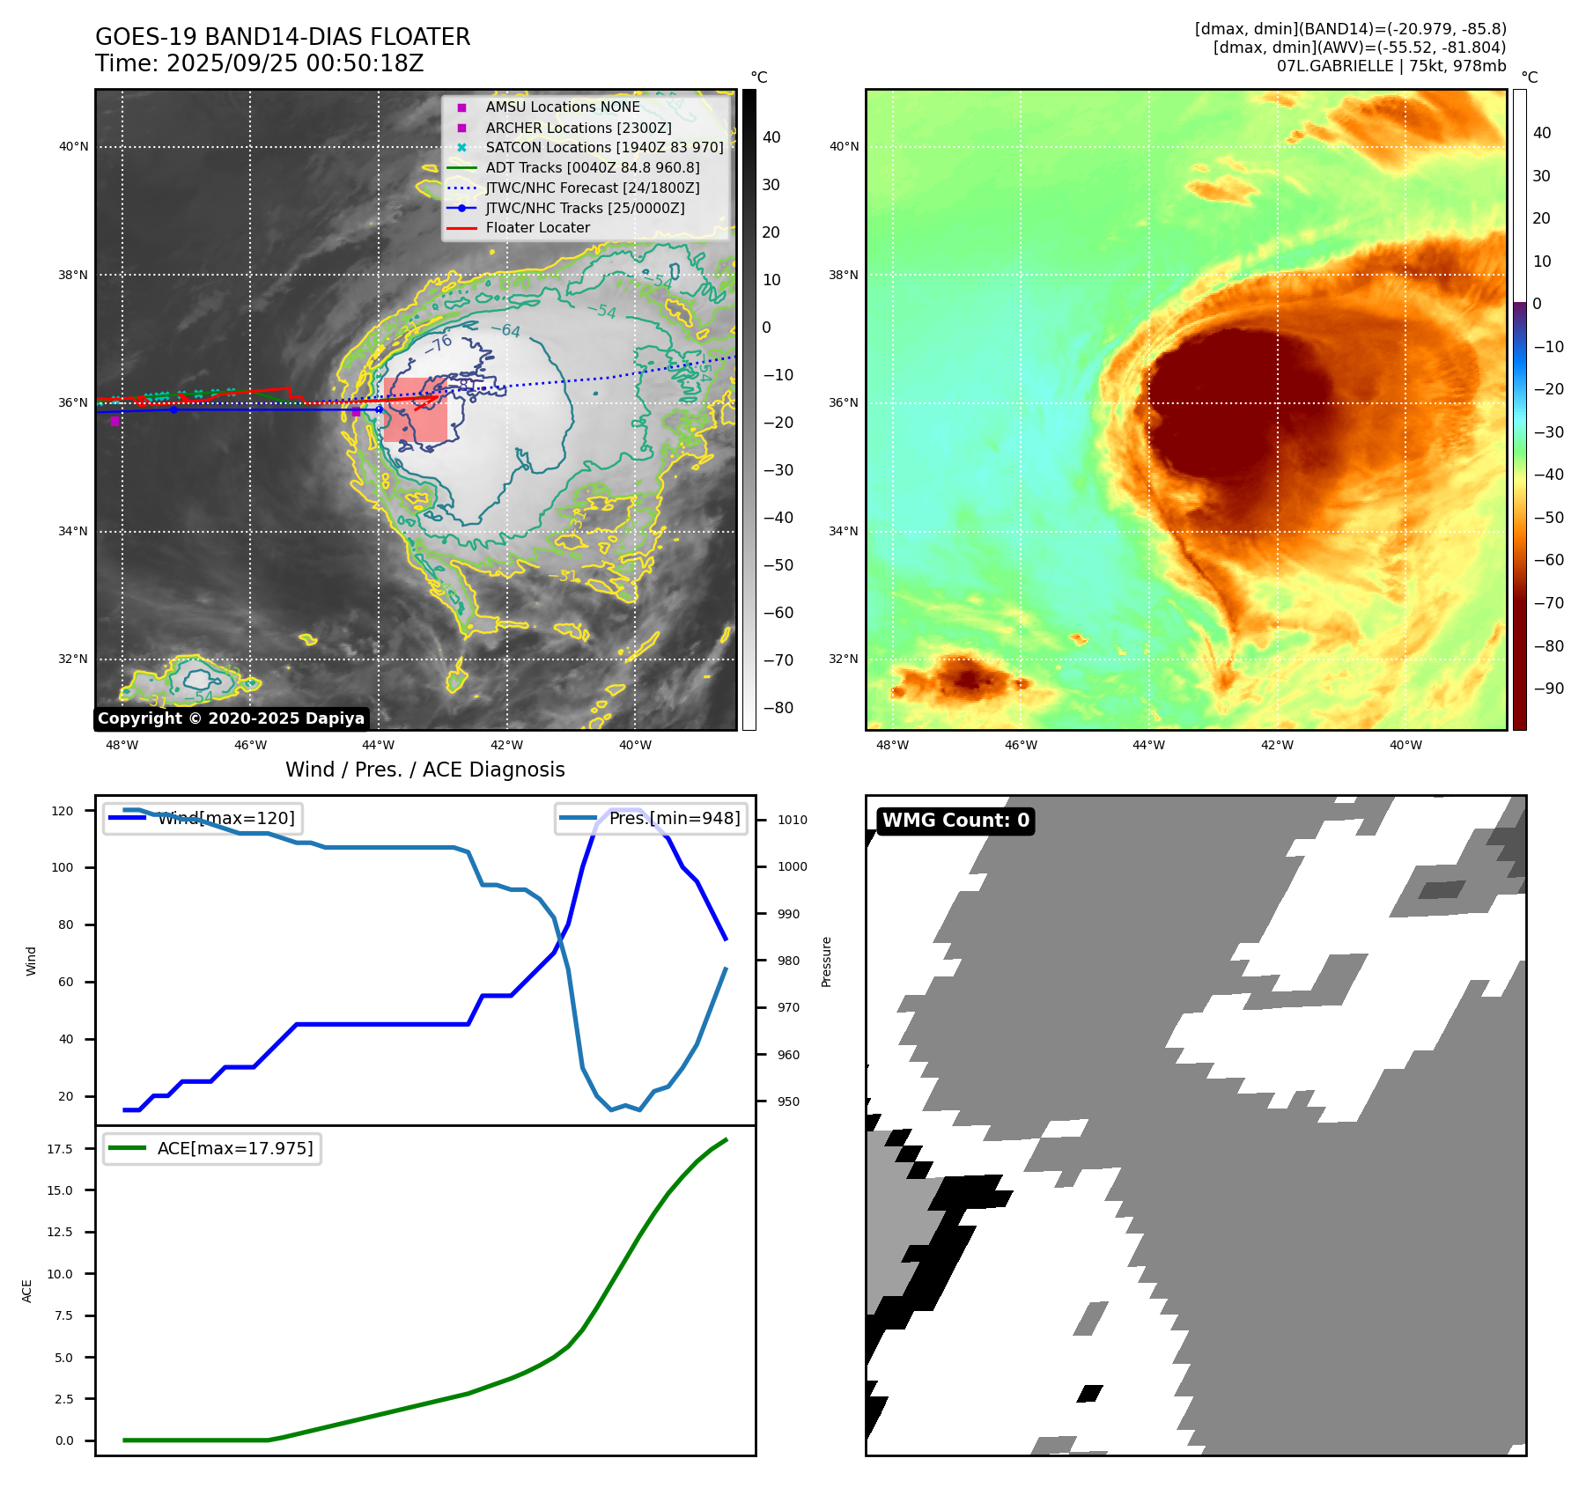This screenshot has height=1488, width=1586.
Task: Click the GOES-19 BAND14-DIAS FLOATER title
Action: coord(283,37)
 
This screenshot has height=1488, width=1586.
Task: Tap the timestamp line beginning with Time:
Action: coord(260,64)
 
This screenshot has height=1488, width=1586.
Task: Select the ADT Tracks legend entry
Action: coord(592,167)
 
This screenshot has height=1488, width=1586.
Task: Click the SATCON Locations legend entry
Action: coord(604,147)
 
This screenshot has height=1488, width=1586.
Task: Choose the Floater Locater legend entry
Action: coord(537,227)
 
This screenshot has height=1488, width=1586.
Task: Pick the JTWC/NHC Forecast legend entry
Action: coord(592,188)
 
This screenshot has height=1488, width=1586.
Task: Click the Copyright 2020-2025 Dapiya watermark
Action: coord(231,718)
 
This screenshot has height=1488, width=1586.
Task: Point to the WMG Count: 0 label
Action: coord(955,821)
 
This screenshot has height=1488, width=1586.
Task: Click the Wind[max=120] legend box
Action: coord(203,818)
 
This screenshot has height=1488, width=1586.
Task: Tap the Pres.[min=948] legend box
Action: coord(651,818)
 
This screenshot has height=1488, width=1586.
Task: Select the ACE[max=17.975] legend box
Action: coord(212,1148)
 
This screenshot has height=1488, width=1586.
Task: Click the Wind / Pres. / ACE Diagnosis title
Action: coord(424,770)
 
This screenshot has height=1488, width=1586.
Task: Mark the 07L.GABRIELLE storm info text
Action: coord(1391,66)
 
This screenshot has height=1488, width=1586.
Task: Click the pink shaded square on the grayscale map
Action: coord(415,410)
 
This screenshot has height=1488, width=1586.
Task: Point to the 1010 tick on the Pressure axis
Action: coord(792,820)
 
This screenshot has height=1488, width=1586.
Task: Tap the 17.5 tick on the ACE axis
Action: coord(60,1149)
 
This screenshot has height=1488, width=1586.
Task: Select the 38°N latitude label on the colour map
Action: coord(843,275)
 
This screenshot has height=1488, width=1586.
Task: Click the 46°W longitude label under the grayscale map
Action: coord(250,745)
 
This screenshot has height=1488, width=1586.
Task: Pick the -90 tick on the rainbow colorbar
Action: coord(1548,689)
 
